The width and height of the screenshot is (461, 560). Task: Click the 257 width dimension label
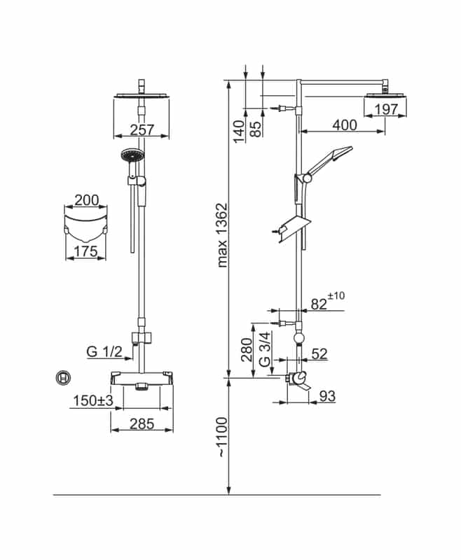142,129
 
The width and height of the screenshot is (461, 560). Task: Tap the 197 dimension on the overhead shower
386,110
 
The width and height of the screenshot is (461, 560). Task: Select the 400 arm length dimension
345,125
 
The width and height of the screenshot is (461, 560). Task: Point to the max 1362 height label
222,235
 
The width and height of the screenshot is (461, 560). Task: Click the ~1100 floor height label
222,437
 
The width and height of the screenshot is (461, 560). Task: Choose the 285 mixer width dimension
142,424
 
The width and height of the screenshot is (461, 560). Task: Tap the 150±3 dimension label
93,400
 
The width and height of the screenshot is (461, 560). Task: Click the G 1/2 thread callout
104,352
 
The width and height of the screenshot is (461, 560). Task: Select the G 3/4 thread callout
265,349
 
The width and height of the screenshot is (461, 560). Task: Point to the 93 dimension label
327,396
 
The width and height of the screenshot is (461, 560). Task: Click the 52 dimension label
319,353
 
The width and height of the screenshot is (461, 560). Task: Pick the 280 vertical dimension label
247,350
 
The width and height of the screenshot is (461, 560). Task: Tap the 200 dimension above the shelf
86,200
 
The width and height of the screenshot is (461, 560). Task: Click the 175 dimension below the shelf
85,251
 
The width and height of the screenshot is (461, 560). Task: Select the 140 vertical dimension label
239,132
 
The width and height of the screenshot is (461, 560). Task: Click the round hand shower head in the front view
132,155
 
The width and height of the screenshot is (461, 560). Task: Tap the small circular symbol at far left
63,378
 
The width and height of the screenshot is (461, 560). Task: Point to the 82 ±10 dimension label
328,302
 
